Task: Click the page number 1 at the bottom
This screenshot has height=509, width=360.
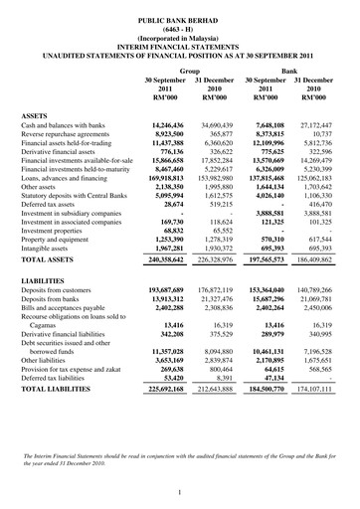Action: tap(180, 492)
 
